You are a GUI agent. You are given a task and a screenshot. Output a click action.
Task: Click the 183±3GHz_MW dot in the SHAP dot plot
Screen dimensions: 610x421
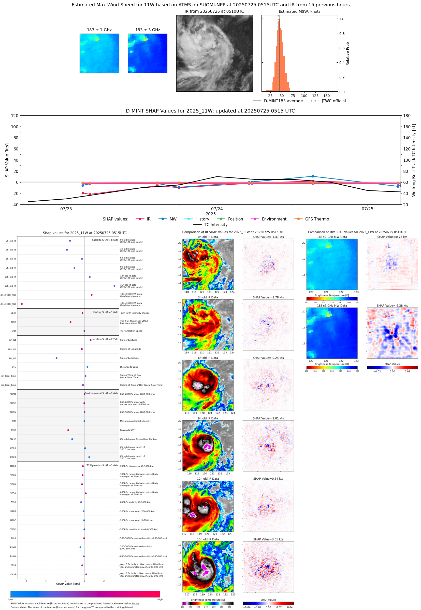22,304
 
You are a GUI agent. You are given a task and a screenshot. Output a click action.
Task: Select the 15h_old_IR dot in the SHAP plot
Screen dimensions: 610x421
114,286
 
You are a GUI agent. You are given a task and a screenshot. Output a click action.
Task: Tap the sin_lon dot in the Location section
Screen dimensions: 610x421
56,358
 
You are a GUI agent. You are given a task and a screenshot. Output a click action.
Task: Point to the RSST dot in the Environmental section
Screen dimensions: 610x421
68,430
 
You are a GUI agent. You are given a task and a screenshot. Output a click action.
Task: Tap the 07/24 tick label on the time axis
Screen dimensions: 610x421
217,209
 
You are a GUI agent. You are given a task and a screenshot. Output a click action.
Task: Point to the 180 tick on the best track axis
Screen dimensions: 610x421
407,116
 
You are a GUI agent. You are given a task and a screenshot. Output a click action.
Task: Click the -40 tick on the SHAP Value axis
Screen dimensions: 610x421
15,205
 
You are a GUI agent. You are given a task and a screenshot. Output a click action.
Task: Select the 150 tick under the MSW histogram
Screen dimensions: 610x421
327,96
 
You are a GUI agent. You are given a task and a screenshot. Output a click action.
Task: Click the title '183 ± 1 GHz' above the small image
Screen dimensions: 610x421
99,30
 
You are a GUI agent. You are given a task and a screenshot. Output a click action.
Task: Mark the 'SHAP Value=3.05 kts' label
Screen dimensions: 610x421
268,539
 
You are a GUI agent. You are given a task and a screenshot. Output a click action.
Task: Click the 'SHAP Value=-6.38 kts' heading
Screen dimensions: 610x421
392,306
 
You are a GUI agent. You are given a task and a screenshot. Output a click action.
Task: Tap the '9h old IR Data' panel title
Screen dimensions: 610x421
208,418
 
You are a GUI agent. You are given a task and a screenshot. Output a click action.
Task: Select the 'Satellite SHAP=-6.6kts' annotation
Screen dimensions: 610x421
105,240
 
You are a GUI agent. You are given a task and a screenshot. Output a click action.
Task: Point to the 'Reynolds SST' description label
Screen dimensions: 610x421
127,430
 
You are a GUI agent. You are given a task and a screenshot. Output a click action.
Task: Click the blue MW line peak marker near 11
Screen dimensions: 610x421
313,176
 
